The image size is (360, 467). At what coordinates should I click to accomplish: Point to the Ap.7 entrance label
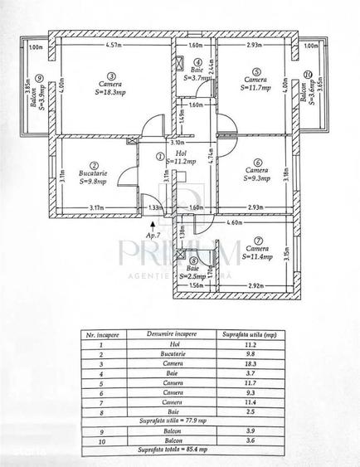coord(153,235)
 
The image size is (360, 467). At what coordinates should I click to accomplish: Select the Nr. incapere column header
coord(102,335)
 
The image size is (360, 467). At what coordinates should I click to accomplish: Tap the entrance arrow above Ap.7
coord(153,221)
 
